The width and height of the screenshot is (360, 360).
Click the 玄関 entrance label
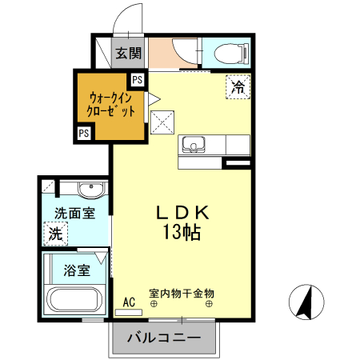point(128,53)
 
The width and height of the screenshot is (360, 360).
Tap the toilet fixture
point(232,54)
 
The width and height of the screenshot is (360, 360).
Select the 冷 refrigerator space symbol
point(238,87)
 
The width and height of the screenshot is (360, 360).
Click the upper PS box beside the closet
point(138,80)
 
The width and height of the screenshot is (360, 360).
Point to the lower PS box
point(84,133)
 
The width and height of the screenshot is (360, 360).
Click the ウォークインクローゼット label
point(111,105)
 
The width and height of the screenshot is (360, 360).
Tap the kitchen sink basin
point(194,145)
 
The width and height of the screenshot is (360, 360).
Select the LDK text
point(182,214)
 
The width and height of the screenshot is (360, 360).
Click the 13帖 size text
point(182,232)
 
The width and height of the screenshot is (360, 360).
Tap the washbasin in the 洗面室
point(91,190)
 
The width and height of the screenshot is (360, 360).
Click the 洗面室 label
point(74,214)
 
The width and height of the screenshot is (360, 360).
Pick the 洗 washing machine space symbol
point(56,234)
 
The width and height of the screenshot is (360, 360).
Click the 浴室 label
point(77,270)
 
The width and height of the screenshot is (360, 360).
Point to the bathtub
point(75,300)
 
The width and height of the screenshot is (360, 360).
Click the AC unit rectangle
point(129,313)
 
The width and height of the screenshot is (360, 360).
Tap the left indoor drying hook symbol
point(154,303)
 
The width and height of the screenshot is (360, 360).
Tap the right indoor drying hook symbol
point(209,303)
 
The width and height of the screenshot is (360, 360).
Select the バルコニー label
point(164,338)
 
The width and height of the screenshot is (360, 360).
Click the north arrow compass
point(306,302)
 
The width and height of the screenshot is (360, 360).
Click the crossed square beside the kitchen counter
point(162,122)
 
